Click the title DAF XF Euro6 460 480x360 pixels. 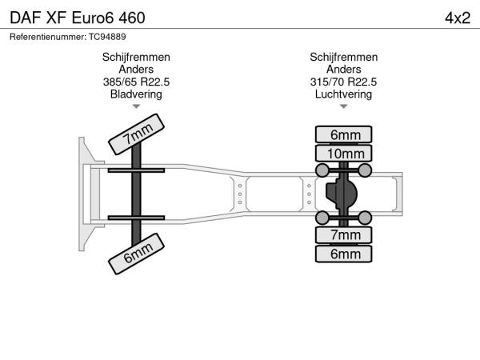[x=78, y=18]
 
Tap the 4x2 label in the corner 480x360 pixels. [x=458, y=18]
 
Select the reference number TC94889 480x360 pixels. [x=107, y=37]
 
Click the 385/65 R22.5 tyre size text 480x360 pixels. [x=136, y=82]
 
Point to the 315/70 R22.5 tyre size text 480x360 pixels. [x=343, y=82]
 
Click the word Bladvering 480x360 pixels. [x=136, y=94]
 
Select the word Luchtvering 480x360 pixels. [x=343, y=94]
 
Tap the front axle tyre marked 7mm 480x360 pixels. [x=136, y=134]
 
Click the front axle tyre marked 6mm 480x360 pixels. [x=136, y=254]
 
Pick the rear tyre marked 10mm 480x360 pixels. [x=343, y=154]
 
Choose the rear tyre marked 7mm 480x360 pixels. [x=343, y=235]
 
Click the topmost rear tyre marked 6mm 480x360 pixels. [x=343, y=134]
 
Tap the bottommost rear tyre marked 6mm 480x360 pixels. [x=343, y=254]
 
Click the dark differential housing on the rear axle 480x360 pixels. [x=341, y=194]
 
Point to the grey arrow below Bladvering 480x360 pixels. [x=136, y=106]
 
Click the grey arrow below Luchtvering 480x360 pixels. [x=343, y=106]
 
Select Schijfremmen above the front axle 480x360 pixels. [x=136, y=58]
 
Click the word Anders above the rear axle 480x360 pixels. [x=343, y=70]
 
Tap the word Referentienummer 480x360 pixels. [x=48, y=37]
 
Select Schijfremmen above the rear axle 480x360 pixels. [x=343, y=58]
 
